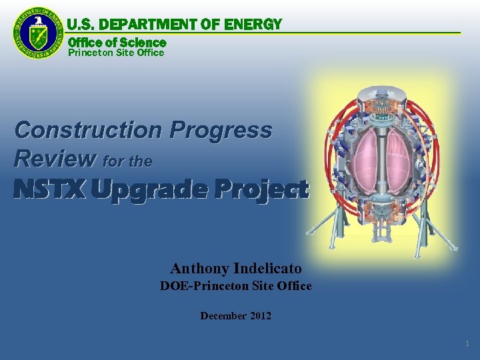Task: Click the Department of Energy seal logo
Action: tap(38, 33)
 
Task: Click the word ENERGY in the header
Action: tap(254, 25)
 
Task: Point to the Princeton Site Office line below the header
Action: tap(116, 53)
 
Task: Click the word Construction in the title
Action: tap(88, 129)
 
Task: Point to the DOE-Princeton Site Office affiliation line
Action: tap(235, 286)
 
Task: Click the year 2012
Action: tap(261, 316)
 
